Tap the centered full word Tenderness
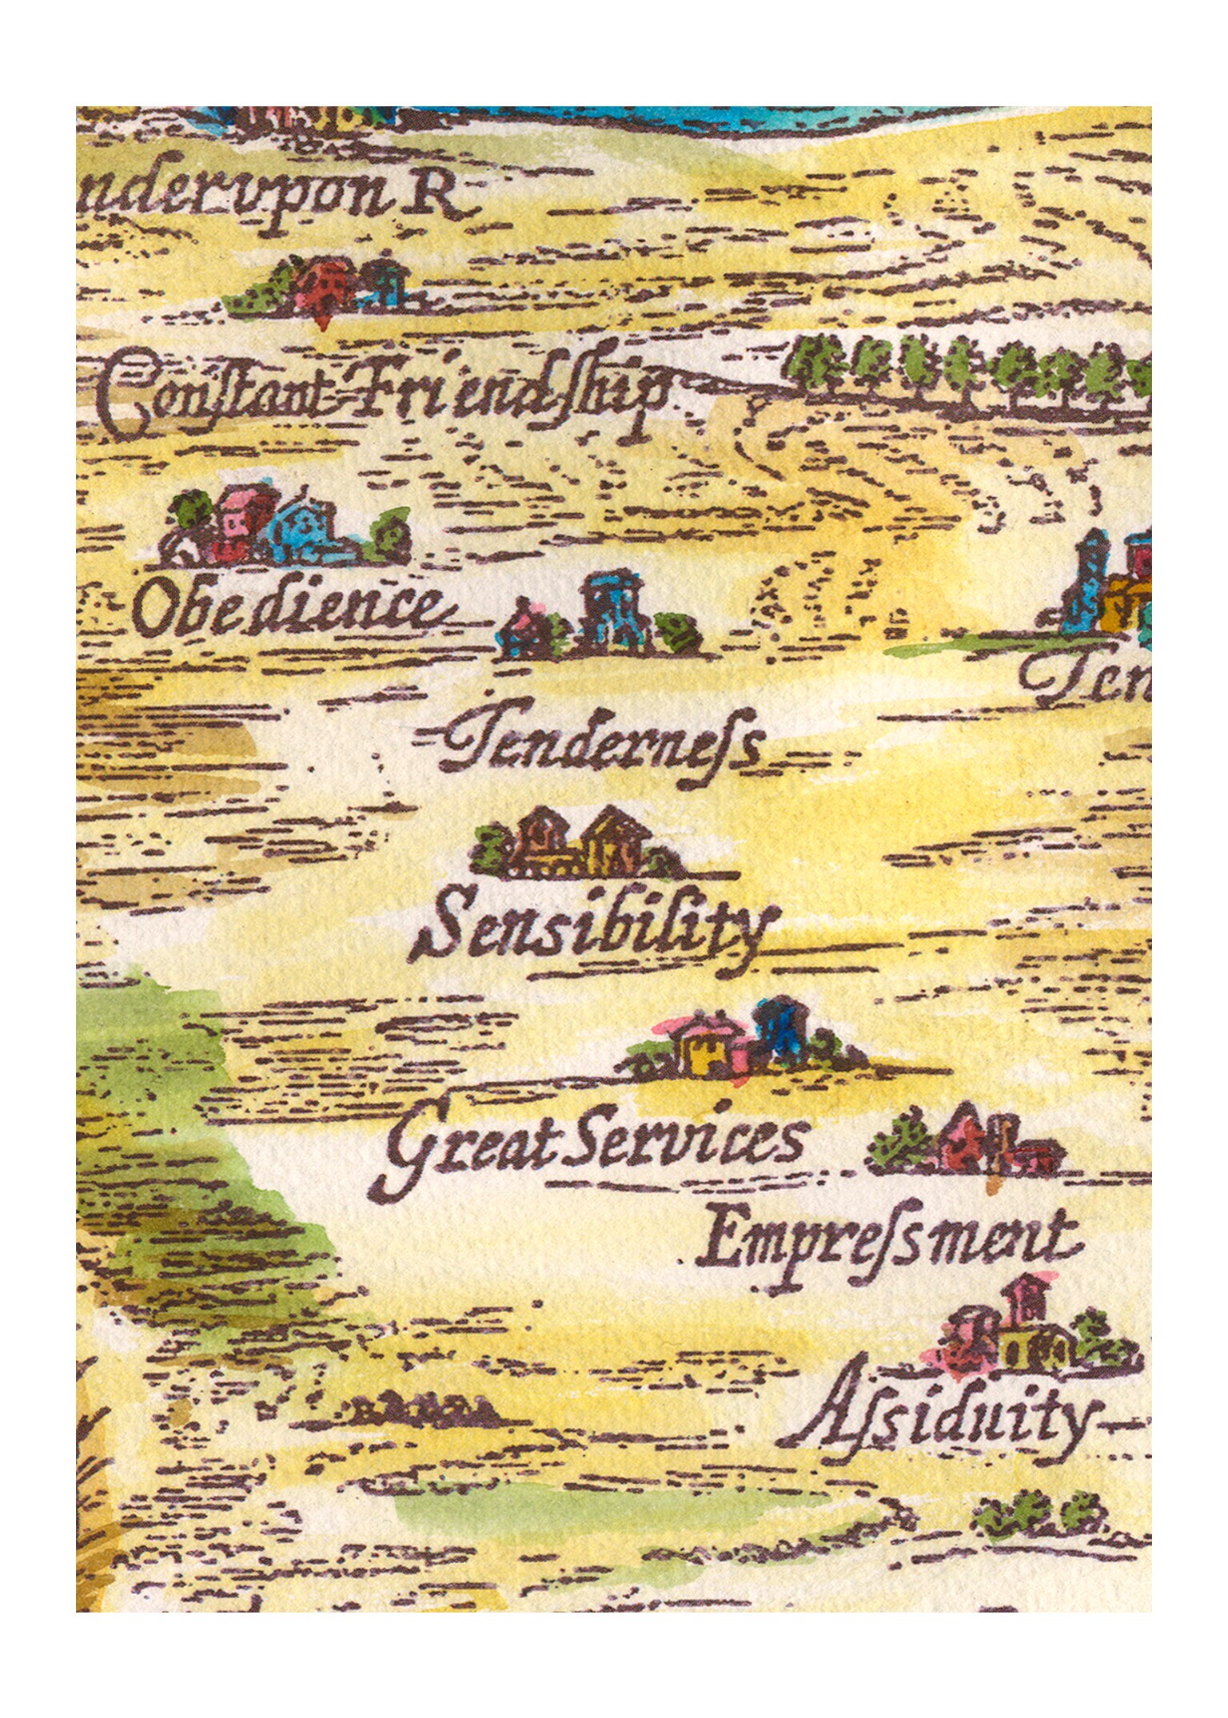[600, 743]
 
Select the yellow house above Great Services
[700, 1048]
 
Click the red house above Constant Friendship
[324, 284]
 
